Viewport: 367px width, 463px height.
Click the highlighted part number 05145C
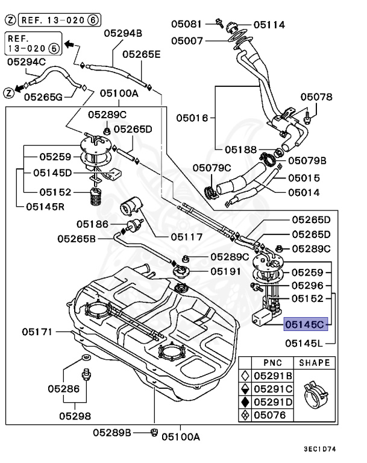click(x=306, y=324)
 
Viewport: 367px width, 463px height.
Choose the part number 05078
click(x=317, y=96)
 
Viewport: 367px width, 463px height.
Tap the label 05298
click(x=75, y=415)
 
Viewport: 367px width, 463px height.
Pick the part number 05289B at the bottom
click(x=113, y=432)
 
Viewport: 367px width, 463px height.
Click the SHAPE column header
click(x=313, y=362)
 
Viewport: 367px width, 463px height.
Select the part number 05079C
click(x=212, y=167)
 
